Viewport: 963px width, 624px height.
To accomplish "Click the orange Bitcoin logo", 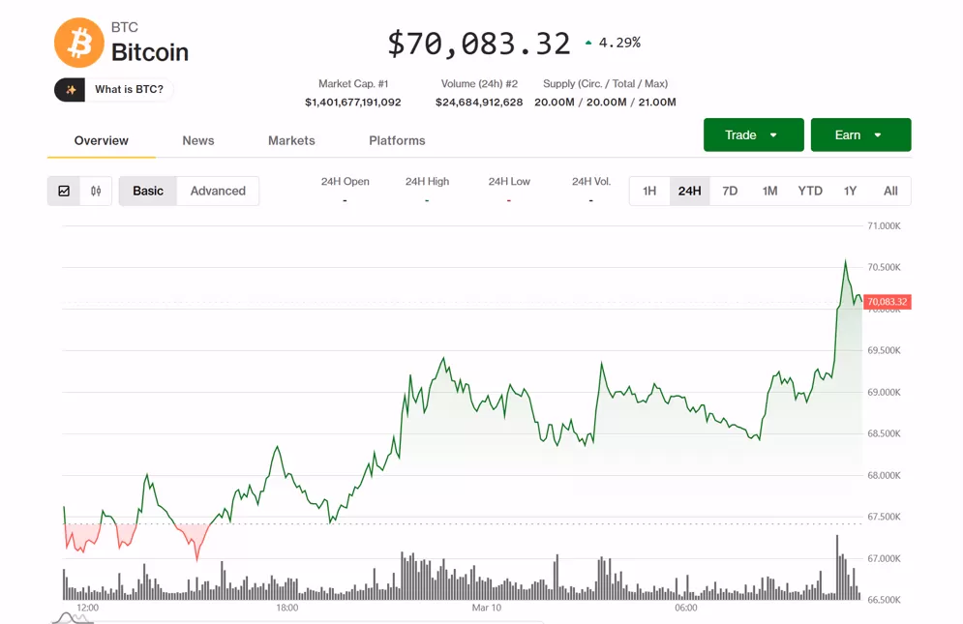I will pos(78,43).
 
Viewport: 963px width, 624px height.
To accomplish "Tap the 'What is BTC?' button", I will pos(114,90).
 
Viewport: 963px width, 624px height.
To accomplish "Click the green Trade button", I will pos(753,135).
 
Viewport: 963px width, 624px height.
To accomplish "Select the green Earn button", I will pos(860,135).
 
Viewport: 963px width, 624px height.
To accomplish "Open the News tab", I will pos(198,141).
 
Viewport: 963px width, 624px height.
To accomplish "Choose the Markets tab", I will pos(291,141).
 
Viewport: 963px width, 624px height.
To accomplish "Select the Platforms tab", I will pos(397,141).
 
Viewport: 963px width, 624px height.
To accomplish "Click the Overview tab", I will pos(102,141).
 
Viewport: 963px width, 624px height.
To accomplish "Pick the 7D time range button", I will pos(730,192).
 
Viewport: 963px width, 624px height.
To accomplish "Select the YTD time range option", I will pos(810,192).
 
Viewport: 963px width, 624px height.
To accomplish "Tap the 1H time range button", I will pos(649,192).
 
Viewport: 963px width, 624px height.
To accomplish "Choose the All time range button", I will pos(890,192).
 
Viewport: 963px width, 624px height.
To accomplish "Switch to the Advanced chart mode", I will pos(218,192).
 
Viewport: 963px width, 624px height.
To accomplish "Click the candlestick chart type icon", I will pos(96,192).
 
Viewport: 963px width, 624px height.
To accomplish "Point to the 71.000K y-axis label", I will pos(884,226).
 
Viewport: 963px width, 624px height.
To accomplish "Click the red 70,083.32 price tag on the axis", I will pos(888,302).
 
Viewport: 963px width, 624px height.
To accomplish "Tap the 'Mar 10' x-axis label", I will pos(487,608).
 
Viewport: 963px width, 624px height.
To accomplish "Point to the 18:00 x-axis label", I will pos(287,608).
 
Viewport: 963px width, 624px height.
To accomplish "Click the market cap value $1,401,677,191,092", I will pos(353,103).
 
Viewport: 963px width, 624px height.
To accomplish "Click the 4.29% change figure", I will pos(619,43).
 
